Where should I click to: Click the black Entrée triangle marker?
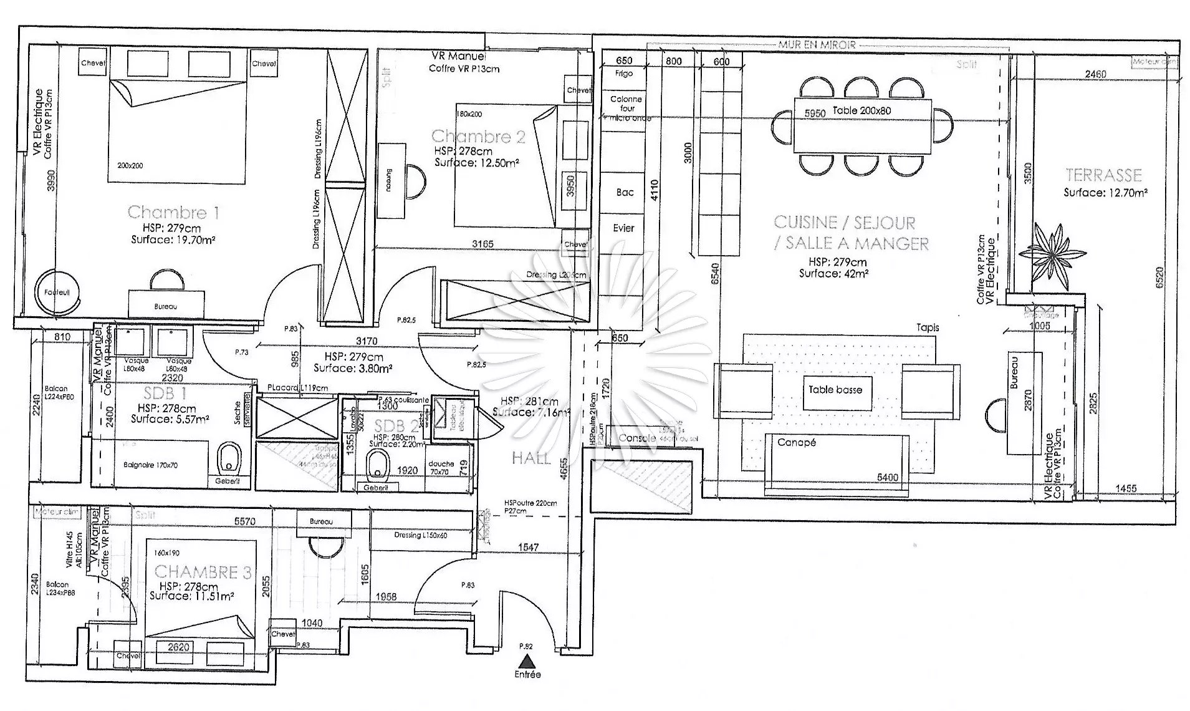(x=528, y=661)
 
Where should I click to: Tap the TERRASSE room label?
(x=1103, y=175)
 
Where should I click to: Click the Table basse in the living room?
(x=835, y=390)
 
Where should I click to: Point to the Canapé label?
(x=796, y=442)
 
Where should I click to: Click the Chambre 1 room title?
(x=173, y=212)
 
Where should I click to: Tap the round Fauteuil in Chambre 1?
(x=57, y=293)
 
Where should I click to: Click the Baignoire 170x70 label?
(x=150, y=465)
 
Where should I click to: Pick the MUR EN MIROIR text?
(x=817, y=45)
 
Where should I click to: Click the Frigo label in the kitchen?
(x=623, y=73)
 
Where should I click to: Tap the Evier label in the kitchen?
(x=623, y=228)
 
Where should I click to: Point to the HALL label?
(x=531, y=458)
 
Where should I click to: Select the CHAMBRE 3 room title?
(x=203, y=572)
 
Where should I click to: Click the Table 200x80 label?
(x=861, y=111)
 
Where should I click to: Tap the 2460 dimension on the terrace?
(x=1095, y=74)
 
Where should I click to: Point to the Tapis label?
(x=927, y=327)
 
